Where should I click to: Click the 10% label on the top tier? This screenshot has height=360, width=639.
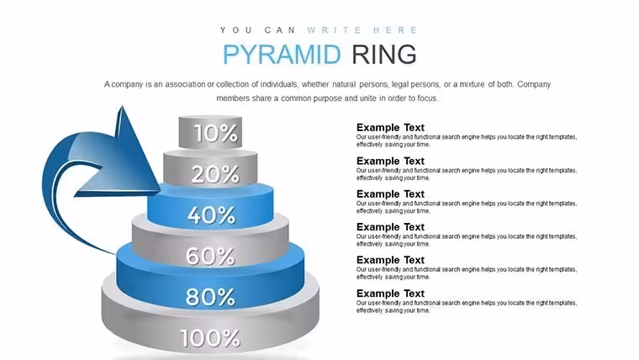[x=215, y=133]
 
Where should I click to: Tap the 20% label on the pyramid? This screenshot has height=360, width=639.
[x=214, y=174]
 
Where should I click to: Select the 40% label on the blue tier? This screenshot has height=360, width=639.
[x=212, y=214]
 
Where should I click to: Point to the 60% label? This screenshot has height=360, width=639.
[x=210, y=256]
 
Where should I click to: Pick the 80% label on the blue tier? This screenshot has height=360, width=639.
[x=210, y=297]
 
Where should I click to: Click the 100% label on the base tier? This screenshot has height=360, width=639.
[x=210, y=338]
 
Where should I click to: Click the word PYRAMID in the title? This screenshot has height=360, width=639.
[x=282, y=54]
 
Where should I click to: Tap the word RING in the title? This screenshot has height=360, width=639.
[x=384, y=54]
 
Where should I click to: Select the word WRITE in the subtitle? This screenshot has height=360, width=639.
[x=335, y=30]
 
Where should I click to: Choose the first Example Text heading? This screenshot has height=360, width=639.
[x=390, y=127]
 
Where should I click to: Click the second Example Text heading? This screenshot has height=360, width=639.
[x=390, y=161]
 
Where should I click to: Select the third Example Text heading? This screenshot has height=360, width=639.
[x=390, y=193]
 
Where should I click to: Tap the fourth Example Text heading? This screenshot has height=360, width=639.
[x=390, y=226]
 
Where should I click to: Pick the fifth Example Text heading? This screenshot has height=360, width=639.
[x=390, y=260]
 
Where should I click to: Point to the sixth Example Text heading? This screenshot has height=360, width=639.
[x=390, y=294]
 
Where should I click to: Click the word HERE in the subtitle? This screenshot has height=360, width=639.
[x=395, y=30]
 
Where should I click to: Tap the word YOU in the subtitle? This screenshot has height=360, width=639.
[x=236, y=30]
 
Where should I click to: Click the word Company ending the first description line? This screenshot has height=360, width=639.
[x=534, y=84]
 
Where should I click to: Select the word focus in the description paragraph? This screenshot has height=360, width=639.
[x=426, y=98]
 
